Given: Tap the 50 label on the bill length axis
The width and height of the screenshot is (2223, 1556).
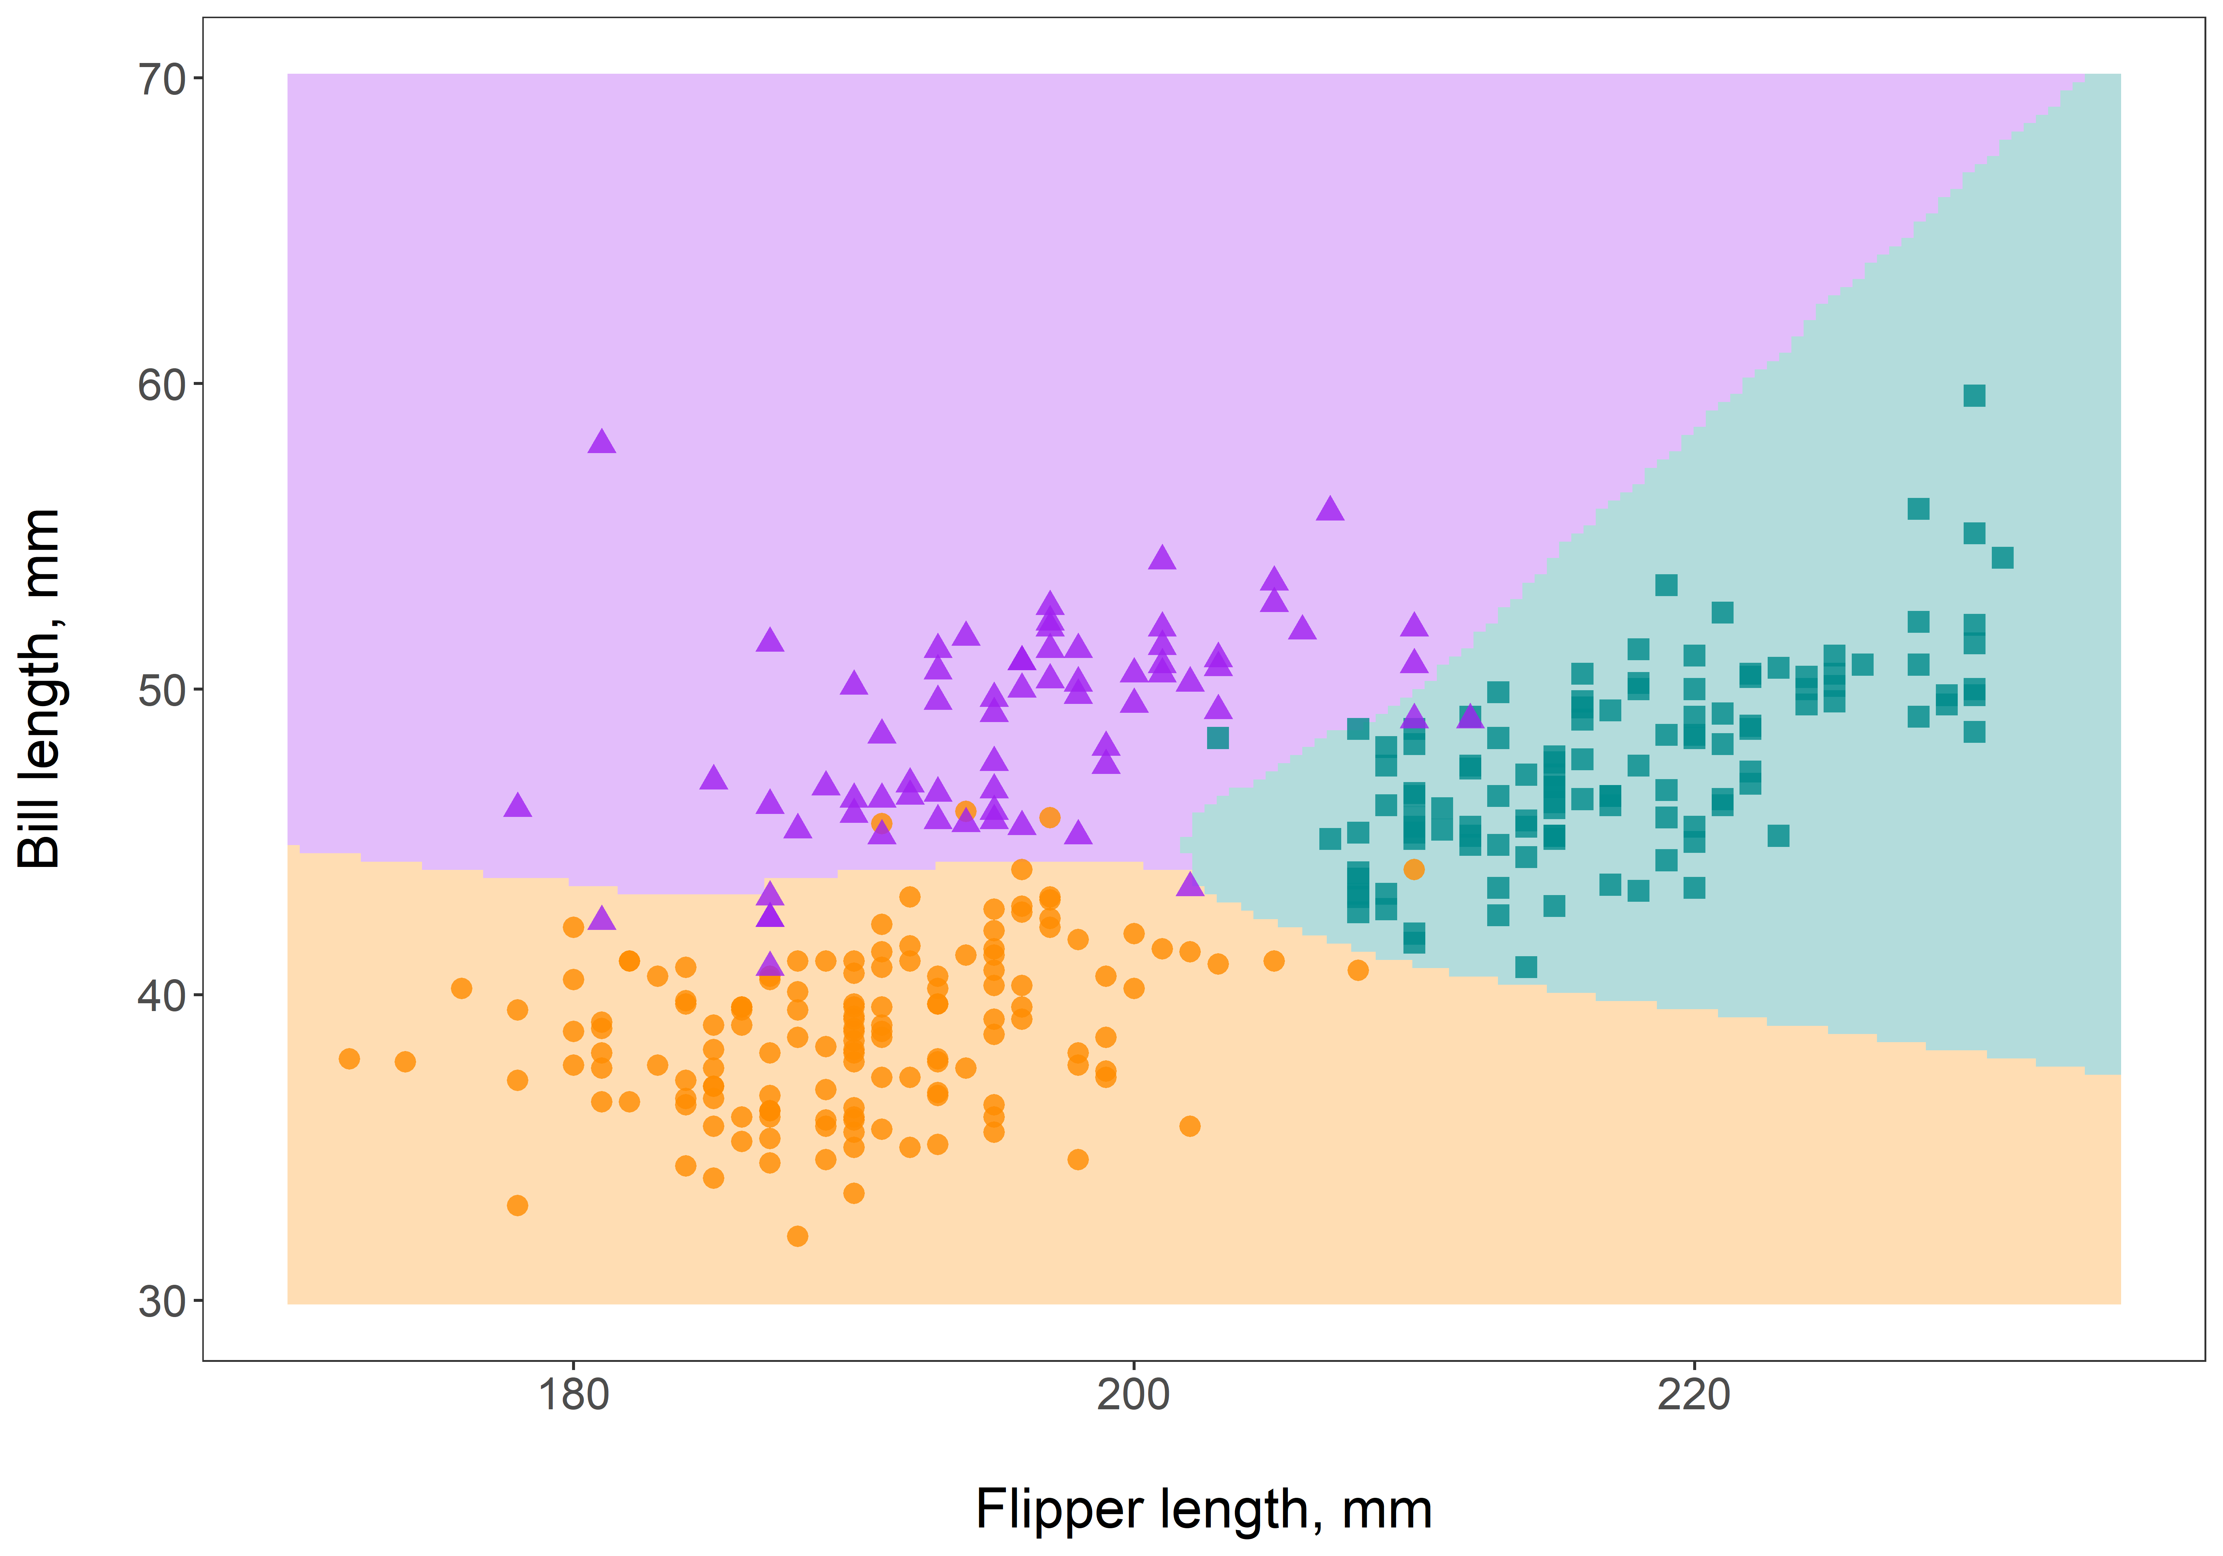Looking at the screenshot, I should pos(162,690).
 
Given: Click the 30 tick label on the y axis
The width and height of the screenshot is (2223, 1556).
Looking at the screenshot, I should pos(162,1301).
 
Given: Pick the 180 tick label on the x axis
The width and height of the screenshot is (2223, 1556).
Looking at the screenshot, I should pos(573,1395).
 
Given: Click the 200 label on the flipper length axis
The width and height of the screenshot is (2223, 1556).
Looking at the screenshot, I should pos(1133,1395).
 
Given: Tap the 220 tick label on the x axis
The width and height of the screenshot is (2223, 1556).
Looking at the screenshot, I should pos(1694,1395).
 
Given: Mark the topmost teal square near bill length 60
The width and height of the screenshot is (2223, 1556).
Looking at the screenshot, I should pos(1973,395).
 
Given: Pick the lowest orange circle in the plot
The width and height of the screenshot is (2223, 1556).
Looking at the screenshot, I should pos(797,1236).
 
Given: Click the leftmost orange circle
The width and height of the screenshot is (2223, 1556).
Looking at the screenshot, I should pos(349,1058).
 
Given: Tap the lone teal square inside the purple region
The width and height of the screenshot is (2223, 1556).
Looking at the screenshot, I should pos(1217,738).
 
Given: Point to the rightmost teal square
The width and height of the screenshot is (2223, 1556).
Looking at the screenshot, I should pos(2001,558).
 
